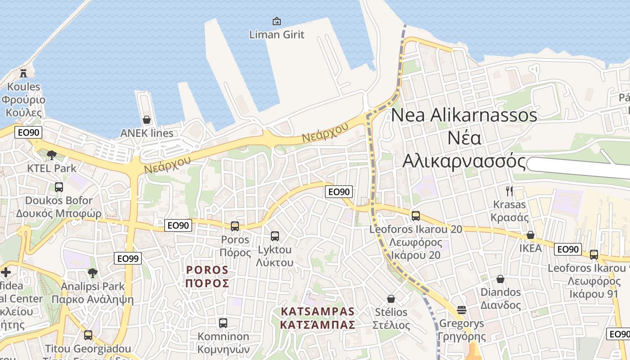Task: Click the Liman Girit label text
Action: (x=277, y=34)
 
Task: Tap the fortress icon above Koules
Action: (x=23, y=72)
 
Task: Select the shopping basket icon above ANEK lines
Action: (x=147, y=120)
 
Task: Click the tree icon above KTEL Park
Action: (x=52, y=155)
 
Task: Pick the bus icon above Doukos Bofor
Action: (x=59, y=187)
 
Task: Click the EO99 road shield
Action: (x=128, y=258)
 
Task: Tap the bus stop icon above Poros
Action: (x=235, y=226)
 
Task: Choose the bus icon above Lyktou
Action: (x=275, y=236)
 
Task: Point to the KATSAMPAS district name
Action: (x=318, y=311)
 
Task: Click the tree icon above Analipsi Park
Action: (x=92, y=273)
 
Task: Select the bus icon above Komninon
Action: (x=223, y=323)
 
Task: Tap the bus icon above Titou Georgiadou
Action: (x=88, y=335)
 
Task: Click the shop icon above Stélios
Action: (x=391, y=299)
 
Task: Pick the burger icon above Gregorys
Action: (x=461, y=310)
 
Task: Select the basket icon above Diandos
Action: (x=500, y=279)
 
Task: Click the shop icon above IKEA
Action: (x=531, y=235)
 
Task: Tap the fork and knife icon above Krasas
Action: (x=509, y=191)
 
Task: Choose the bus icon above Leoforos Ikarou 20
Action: (x=415, y=216)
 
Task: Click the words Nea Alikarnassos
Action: (x=464, y=115)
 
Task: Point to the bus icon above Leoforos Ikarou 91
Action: (x=594, y=255)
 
